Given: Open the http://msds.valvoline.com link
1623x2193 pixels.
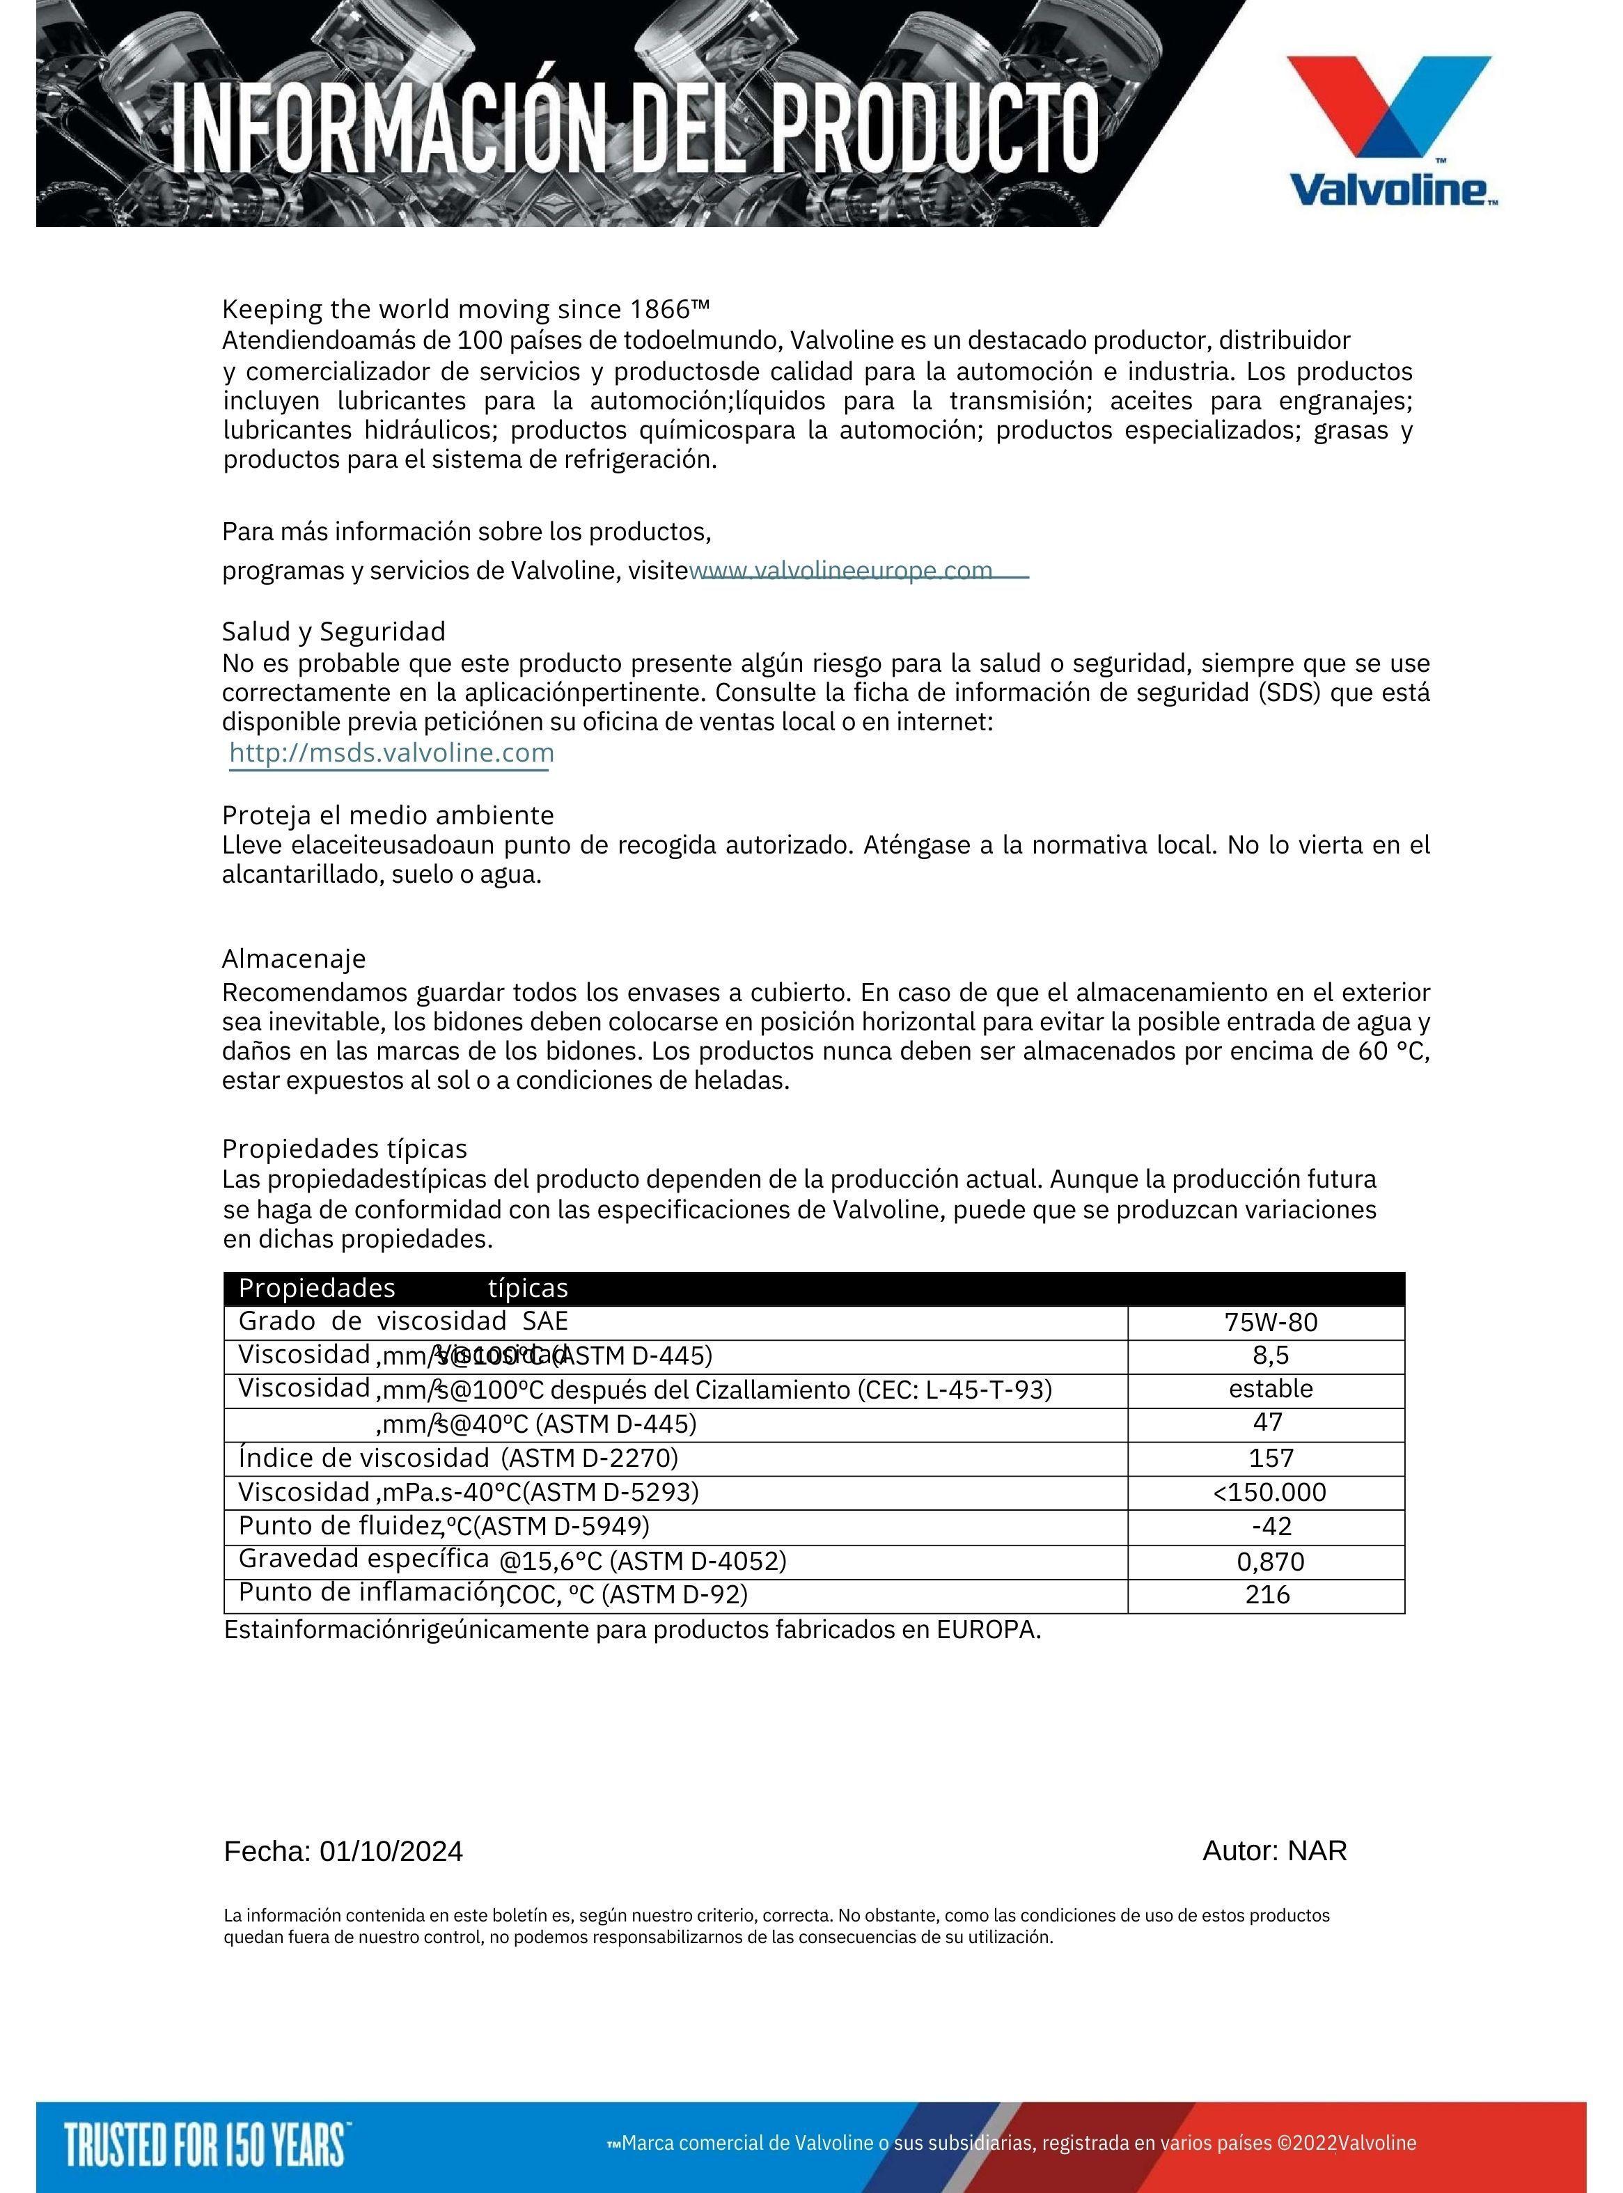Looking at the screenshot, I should (x=391, y=753).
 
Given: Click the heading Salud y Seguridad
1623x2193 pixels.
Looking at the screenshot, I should (x=333, y=631).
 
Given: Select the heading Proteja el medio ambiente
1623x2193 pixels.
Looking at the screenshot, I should (x=387, y=815).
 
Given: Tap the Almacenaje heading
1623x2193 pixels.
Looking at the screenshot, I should (x=294, y=957).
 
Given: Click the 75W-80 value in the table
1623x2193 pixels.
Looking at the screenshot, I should (x=1270, y=1322).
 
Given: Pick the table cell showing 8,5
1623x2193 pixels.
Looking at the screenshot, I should (x=1270, y=1355).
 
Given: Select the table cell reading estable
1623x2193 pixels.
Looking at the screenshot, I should (x=1270, y=1389).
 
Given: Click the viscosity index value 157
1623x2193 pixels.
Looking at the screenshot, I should (x=1270, y=1457).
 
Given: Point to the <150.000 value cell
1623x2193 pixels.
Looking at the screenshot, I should (x=1269, y=1492).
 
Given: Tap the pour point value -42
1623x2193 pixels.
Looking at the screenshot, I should (x=1270, y=1526).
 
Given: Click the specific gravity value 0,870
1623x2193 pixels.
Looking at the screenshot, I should (x=1270, y=1561).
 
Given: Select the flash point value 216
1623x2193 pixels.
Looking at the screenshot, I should (x=1267, y=1594).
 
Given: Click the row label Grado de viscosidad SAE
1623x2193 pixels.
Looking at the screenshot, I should (x=403, y=1321).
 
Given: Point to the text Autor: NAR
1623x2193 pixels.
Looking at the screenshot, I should (x=1274, y=1850).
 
